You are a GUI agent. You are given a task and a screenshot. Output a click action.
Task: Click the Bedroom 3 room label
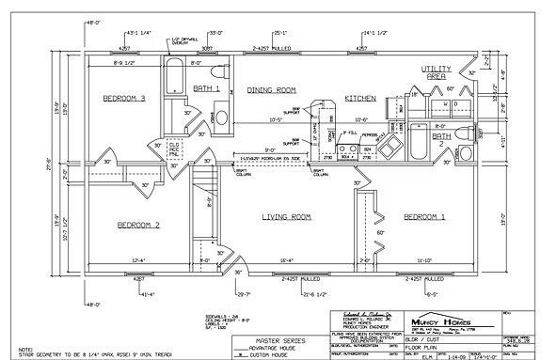pos(124,97)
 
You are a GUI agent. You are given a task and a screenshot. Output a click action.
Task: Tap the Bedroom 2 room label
pos(137,225)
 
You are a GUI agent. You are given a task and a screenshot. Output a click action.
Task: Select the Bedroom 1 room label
pos(422,217)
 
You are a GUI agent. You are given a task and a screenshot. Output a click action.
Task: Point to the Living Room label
pos(286,217)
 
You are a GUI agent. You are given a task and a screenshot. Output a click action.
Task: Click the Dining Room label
pos(271,89)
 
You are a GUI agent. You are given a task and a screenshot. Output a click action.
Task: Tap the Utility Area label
pos(437,73)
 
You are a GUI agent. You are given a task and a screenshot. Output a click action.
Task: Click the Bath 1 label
pos(206,88)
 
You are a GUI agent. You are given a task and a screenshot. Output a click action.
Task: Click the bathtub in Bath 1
pos(177,83)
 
